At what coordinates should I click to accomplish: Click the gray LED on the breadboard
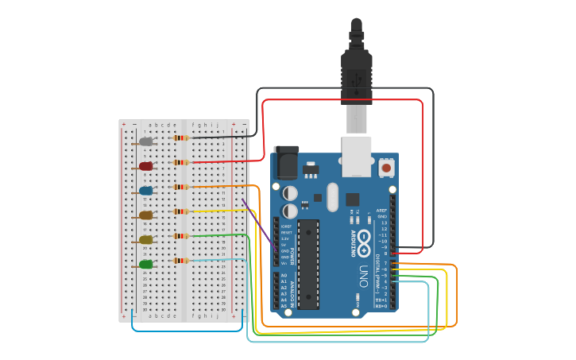pos(145,141)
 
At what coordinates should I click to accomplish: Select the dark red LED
pos(145,166)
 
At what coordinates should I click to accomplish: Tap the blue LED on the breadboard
pos(145,191)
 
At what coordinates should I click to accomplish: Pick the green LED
pos(145,264)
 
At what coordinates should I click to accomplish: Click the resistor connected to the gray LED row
pos(181,137)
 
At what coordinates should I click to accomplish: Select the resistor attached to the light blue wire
pos(181,260)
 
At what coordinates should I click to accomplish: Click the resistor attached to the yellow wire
pos(181,211)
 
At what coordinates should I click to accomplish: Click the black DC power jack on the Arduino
pos(286,162)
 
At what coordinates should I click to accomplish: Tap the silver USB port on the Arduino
pos(356,155)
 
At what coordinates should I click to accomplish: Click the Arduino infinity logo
pos(364,238)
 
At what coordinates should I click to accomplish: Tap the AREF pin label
pos(382,210)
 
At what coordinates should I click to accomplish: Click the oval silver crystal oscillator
pos(332,197)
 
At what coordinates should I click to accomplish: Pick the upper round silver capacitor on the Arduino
pos(290,193)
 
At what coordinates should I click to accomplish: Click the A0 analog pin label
pos(284,275)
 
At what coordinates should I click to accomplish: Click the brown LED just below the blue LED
pos(145,215)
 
